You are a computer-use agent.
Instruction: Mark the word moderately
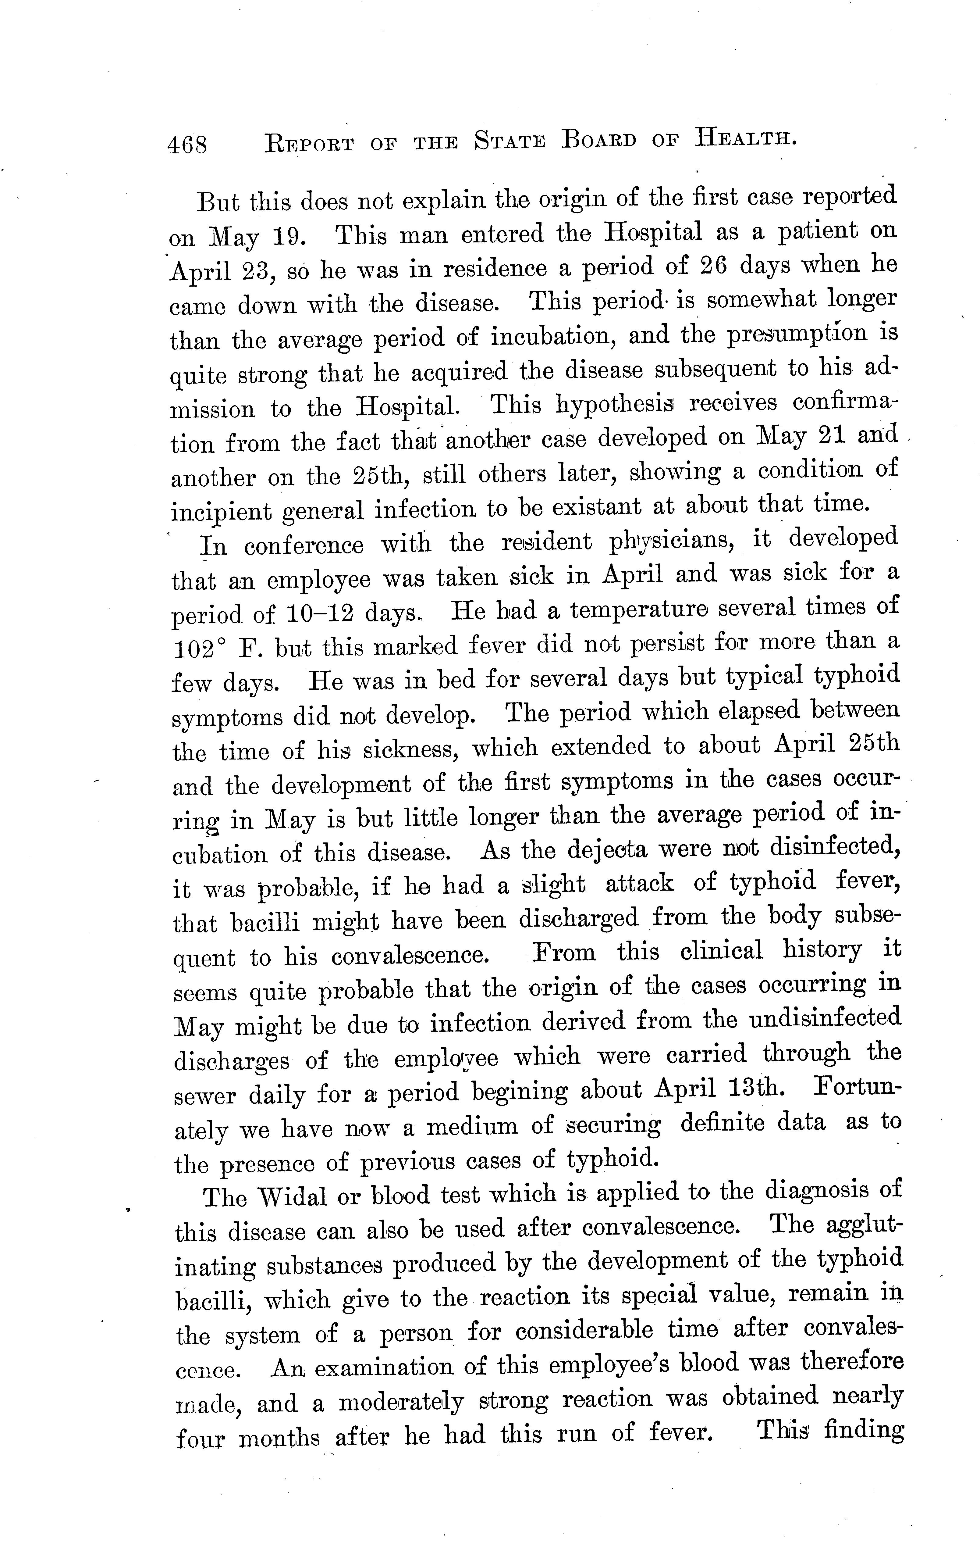[x=401, y=1402]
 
